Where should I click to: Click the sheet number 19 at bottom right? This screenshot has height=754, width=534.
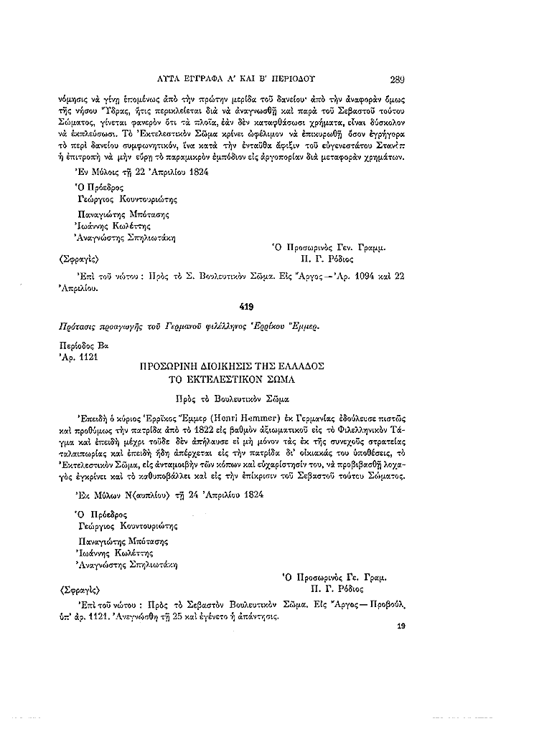(401, 626)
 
